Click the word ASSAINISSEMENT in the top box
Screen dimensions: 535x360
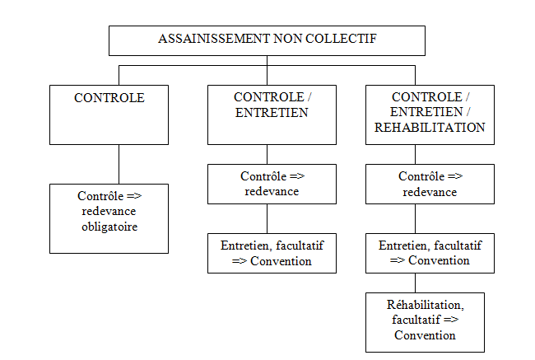(214, 39)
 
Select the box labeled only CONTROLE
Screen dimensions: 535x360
(109, 115)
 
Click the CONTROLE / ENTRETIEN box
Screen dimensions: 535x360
(272, 115)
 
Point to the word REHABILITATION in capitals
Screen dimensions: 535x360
(430, 128)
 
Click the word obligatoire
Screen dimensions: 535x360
(109, 227)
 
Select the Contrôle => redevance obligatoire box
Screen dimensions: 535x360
(109, 218)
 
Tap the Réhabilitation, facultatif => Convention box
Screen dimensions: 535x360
(425, 322)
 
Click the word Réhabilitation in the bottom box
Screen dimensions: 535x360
(425, 305)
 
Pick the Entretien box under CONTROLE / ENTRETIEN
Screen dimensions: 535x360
(272, 253)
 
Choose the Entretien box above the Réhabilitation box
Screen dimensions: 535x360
(430, 253)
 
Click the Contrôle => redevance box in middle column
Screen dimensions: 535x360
(272, 184)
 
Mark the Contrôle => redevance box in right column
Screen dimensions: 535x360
(430, 184)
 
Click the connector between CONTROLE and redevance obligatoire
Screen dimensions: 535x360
(119, 164)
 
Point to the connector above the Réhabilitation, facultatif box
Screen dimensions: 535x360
(415, 283)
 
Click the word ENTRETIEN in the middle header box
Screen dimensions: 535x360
(272, 113)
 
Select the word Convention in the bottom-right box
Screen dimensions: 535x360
(425, 335)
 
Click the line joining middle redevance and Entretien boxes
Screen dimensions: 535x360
(267, 218)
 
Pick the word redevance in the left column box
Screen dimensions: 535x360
(109, 212)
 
